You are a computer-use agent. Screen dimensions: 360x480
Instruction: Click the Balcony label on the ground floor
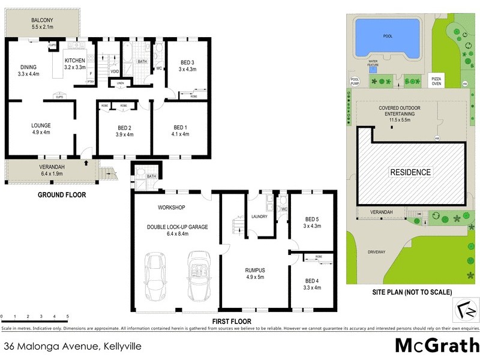point(42,20)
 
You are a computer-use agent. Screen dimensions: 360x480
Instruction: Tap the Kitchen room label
point(76,61)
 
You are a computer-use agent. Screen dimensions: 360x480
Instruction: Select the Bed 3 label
point(187,62)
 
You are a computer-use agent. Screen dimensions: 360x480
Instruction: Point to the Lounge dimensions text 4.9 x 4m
point(43,133)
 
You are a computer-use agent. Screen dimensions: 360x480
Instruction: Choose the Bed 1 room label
point(180,127)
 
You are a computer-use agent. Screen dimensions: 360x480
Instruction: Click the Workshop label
point(171,208)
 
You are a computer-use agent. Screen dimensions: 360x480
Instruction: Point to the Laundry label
point(259,216)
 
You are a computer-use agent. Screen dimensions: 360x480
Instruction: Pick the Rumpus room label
point(254,270)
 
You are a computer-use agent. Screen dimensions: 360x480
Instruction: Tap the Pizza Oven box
point(437,81)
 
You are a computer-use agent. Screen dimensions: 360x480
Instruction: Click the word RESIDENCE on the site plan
point(411,172)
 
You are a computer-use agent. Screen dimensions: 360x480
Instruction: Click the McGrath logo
point(436,346)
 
